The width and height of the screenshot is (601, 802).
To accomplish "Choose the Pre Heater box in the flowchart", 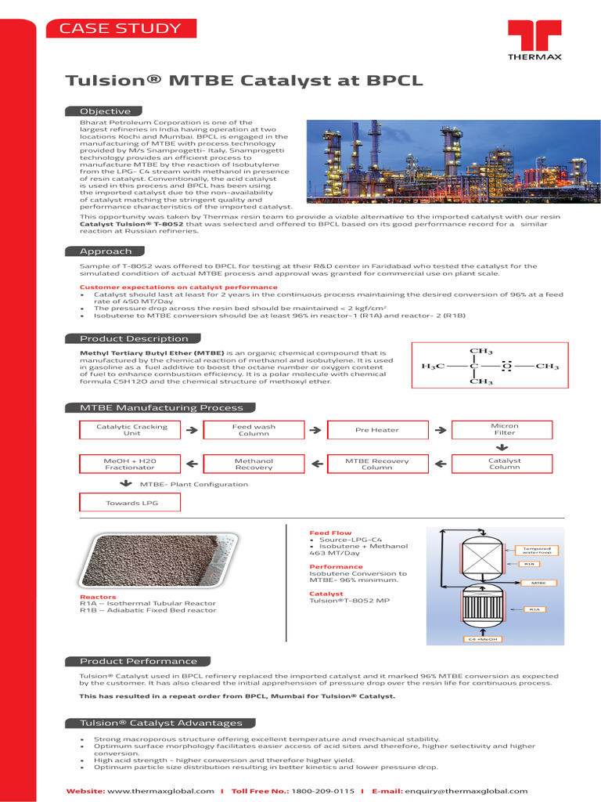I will [x=376, y=430].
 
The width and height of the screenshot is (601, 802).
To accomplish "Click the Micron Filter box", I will [x=504, y=429].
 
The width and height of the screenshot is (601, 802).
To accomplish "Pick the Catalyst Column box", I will [x=504, y=464].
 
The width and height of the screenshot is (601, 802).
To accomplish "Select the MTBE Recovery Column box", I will [x=376, y=464].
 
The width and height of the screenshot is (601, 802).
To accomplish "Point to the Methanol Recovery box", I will [x=254, y=464].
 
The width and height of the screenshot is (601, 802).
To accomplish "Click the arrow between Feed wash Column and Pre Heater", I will [x=315, y=430].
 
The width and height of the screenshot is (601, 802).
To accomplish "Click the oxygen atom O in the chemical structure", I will [x=506, y=366].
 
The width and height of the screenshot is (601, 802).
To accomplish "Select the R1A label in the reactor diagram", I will [x=534, y=609].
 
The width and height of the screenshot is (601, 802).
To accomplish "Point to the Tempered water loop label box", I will [x=533, y=551].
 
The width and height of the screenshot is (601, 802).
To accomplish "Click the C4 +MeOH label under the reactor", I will [x=483, y=639].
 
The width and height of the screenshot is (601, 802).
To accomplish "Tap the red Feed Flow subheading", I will [x=330, y=533].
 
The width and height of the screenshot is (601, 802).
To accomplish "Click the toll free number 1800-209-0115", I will [x=322, y=791].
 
